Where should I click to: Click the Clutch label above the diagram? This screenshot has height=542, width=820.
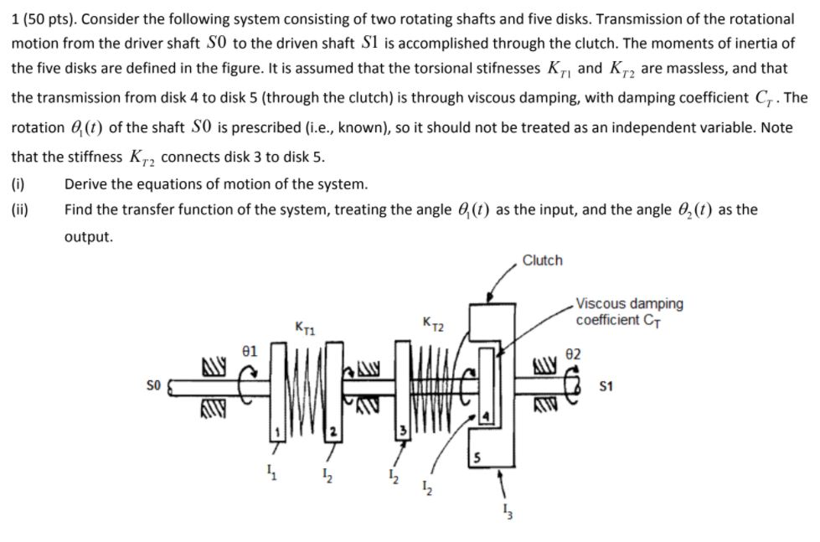[x=542, y=261]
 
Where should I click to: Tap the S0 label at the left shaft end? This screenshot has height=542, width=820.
[x=151, y=387]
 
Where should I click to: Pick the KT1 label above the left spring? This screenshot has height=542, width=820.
[x=306, y=324]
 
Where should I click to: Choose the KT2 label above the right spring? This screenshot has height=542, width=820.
[x=434, y=323]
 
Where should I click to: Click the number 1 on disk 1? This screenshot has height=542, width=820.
[x=272, y=431]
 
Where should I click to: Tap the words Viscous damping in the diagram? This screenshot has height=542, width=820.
[x=629, y=303]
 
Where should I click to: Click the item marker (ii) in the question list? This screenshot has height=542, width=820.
[x=19, y=209]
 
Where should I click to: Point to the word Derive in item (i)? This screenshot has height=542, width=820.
[x=86, y=184]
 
